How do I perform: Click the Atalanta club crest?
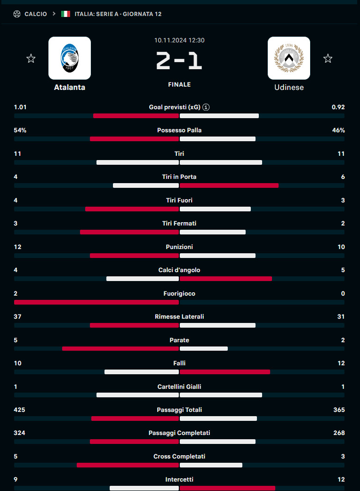point(70,58)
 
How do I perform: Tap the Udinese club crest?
point(289,58)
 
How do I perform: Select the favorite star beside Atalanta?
point(31,58)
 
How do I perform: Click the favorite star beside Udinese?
point(328,58)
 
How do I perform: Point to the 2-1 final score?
point(179,62)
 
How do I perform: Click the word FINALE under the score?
point(179,85)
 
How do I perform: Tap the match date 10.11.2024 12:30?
point(179,40)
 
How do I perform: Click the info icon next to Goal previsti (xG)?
point(206,107)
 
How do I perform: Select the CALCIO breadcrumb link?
point(36,14)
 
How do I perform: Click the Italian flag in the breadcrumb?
point(66,14)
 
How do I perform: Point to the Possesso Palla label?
point(179,130)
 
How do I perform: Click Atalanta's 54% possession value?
point(20,130)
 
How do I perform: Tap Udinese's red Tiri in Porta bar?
point(229,185)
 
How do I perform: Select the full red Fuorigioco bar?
point(96,302)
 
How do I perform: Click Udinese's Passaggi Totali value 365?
point(339,410)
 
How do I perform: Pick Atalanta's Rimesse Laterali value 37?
point(18,317)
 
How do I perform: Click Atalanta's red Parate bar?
point(120,349)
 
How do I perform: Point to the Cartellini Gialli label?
point(179,387)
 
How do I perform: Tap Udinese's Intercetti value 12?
point(341,480)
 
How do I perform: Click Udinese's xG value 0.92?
point(338,107)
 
